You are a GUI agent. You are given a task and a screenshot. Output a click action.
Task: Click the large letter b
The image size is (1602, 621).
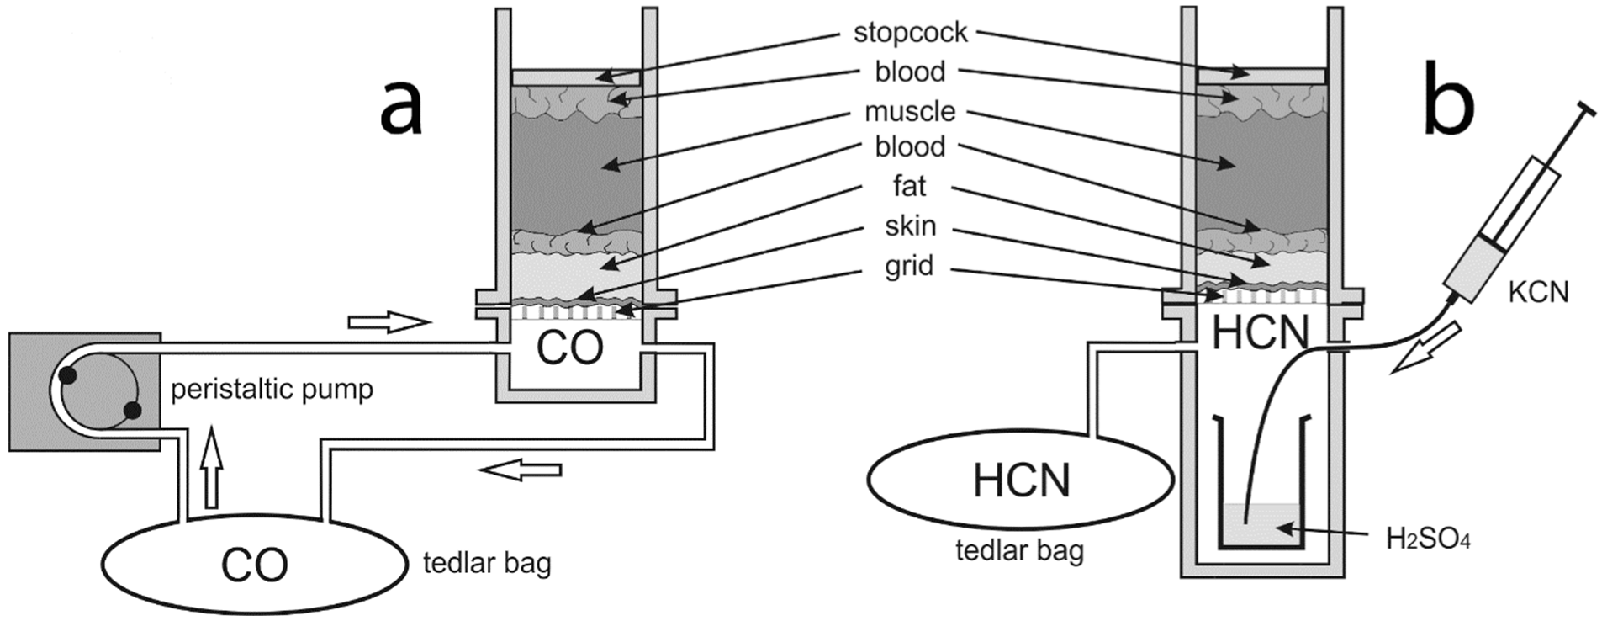coord(1448,106)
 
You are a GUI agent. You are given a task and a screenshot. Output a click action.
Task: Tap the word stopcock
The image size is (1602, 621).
coord(910,33)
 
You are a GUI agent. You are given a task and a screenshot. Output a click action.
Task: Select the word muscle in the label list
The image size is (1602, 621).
coord(910,111)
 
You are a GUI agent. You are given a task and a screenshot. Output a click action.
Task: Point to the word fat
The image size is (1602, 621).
coord(910,186)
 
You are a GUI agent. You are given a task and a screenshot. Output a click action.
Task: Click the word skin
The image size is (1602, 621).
coord(910,226)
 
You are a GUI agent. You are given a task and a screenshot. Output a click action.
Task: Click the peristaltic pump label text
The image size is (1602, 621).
coord(272,390)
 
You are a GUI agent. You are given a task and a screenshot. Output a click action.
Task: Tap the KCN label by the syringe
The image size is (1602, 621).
coord(1538,291)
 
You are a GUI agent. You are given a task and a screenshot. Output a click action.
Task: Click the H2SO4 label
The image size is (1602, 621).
coord(1428,539)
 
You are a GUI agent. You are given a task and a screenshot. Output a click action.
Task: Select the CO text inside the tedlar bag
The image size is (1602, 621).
coord(254,565)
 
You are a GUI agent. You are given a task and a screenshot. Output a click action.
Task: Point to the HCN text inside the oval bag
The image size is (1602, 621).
coord(1021,480)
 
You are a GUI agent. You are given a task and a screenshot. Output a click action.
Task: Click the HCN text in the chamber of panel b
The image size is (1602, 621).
coord(1260,333)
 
